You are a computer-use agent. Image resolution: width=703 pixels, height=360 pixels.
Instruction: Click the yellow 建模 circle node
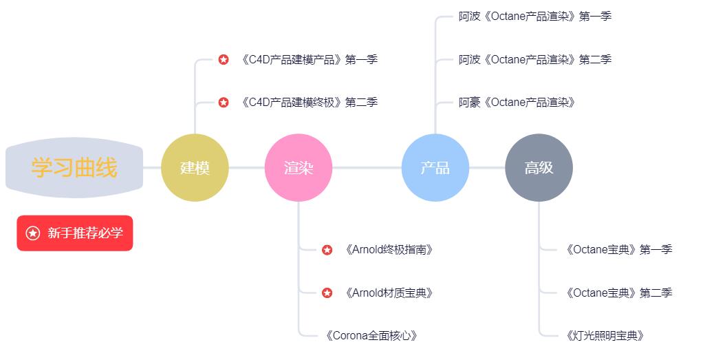(x=195, y=167)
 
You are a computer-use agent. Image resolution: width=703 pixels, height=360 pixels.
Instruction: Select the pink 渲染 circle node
(x=298, y=167)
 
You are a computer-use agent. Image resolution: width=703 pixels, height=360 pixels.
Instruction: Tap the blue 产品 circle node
(x=435, y=167)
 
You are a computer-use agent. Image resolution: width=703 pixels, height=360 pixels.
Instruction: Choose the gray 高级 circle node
(x=539, y=167)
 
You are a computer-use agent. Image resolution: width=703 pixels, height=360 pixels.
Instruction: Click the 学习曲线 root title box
(x=74, y=167)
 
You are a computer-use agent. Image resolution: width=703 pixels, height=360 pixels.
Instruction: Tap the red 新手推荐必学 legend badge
(x=75, y=233)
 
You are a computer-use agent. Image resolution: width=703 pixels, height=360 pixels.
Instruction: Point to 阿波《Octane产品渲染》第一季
(x=534, y=17)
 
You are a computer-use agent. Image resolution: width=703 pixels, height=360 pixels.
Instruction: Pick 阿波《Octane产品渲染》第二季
(x=534, y=60)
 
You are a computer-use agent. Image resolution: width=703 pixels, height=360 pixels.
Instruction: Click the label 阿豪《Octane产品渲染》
(x=517, y=103)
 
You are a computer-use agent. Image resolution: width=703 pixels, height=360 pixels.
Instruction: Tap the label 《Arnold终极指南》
(x=389, y=250)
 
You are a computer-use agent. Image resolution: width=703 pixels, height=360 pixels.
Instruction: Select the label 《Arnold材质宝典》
(x=389, y=293)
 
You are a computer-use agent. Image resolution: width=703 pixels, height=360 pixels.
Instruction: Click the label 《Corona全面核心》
(x=371, y=336)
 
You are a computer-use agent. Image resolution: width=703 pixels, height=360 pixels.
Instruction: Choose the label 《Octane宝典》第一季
(x=618, y=250)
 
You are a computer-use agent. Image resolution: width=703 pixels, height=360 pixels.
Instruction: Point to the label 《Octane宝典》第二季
(x=618, y=293)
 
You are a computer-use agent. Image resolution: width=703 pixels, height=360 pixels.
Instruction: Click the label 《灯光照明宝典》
(x=605, y=336)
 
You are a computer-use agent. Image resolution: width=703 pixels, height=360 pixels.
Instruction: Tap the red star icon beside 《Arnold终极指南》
(x=327, y=250)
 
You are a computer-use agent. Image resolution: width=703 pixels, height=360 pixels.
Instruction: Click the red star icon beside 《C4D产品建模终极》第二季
(x=224, y=103)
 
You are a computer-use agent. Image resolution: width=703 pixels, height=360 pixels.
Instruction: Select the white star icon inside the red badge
(x=32, y=233)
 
